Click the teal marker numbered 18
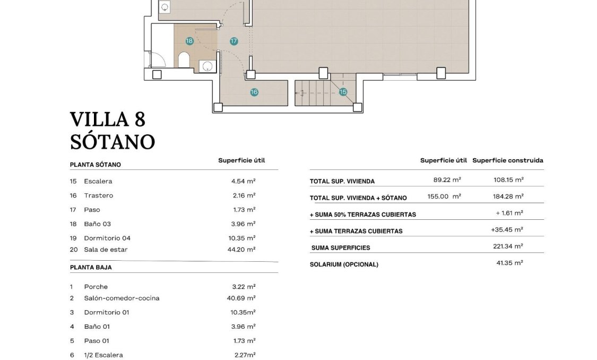[x=189, y=41]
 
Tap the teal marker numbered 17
[x=233, y=41]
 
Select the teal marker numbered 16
[x=254, y=92]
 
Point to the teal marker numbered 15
[x=343, y=92]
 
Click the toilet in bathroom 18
[x=183, y=61]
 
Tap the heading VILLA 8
[x=108, y=119]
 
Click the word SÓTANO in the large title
[x=113, y=141]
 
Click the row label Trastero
[x=98, y=195]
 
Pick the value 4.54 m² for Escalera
[x=244, y=181]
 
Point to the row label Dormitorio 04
[x=107, y=238]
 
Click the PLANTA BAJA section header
[x=91, y=268]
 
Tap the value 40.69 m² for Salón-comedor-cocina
[x=240, y=298]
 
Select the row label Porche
[x=96, y=287]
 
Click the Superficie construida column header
[x=507, y=160]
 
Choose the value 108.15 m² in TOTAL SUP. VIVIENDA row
[x=508, y=180]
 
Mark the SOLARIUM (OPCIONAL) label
[x=344, y=264]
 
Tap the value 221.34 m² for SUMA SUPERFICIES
[x=508, y=246]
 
